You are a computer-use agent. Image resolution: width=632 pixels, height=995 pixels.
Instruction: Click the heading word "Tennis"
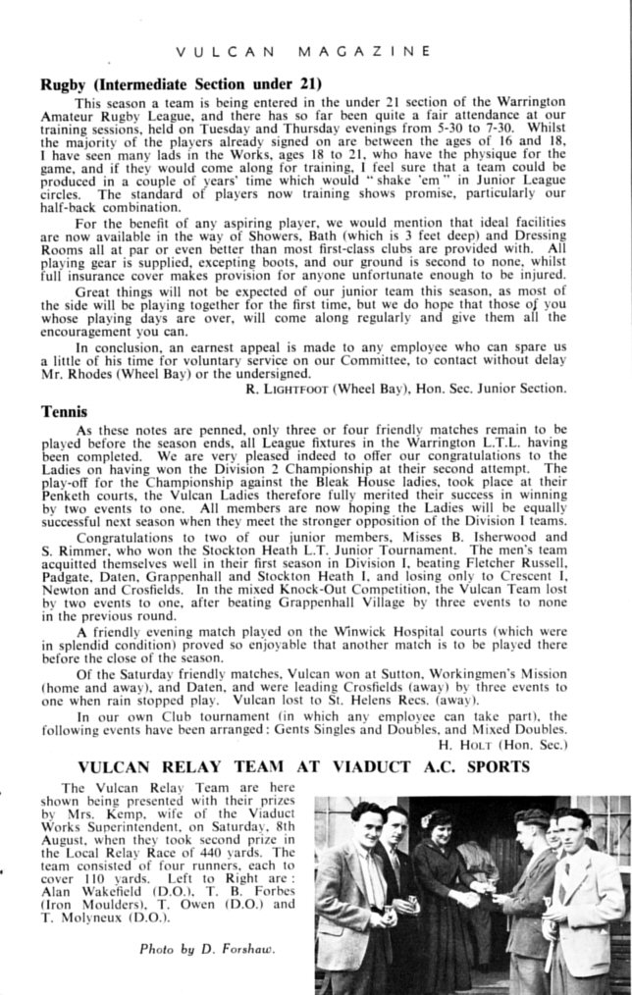click(62, 412)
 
